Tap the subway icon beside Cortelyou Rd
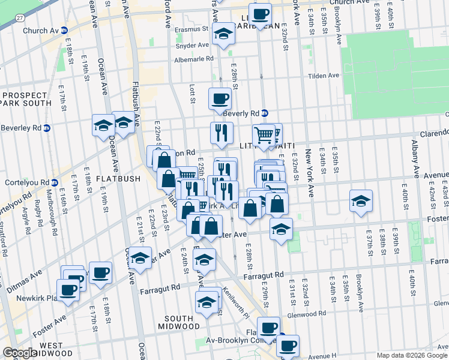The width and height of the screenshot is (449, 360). pos(55,182)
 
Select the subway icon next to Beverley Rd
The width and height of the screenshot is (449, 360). pos(47,128)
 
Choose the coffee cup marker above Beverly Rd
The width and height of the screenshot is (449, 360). pos(220,98)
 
